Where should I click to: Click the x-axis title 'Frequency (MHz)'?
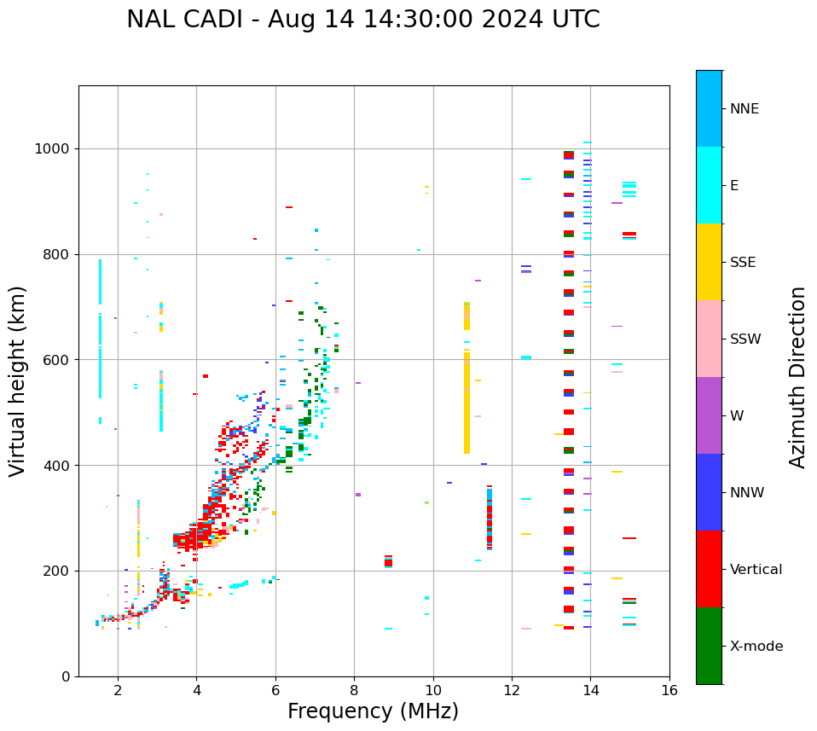[x=373, y=711]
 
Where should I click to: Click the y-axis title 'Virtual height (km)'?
[x=18, y=380]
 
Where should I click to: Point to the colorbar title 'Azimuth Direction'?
[x=797, y=376]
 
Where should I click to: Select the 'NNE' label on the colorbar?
[x=744, y=109]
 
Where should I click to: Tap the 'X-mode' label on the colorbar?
[x=756, y=647]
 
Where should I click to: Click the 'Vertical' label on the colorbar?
[x=756, y=570]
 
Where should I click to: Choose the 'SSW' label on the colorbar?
[x=745, y=339]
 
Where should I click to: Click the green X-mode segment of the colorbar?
[x=709, y=646]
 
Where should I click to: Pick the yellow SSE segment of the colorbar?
[x=709, y=262]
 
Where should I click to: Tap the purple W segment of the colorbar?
[x=709, y=415]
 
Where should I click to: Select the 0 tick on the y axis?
[x=67, y=676]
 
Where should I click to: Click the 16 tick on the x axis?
[x=669, y=690]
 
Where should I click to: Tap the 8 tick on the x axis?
[x=354, y=690]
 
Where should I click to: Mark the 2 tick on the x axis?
[x=118, y=690]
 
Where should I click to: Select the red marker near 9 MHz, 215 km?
[x=388, y=561]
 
